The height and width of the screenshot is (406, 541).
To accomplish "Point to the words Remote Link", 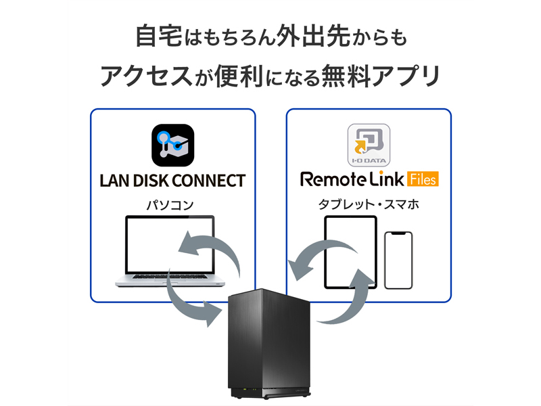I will [352, 180].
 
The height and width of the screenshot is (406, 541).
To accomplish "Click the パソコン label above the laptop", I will [172, 204].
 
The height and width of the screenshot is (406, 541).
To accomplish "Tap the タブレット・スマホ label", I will [369, 204].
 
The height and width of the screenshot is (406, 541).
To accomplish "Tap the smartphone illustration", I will [398, 261].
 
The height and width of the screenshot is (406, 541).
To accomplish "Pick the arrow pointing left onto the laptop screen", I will [210, 250].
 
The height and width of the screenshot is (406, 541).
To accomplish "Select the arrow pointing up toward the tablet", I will [355, 298].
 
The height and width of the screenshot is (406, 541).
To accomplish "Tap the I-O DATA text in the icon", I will [369, 161].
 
